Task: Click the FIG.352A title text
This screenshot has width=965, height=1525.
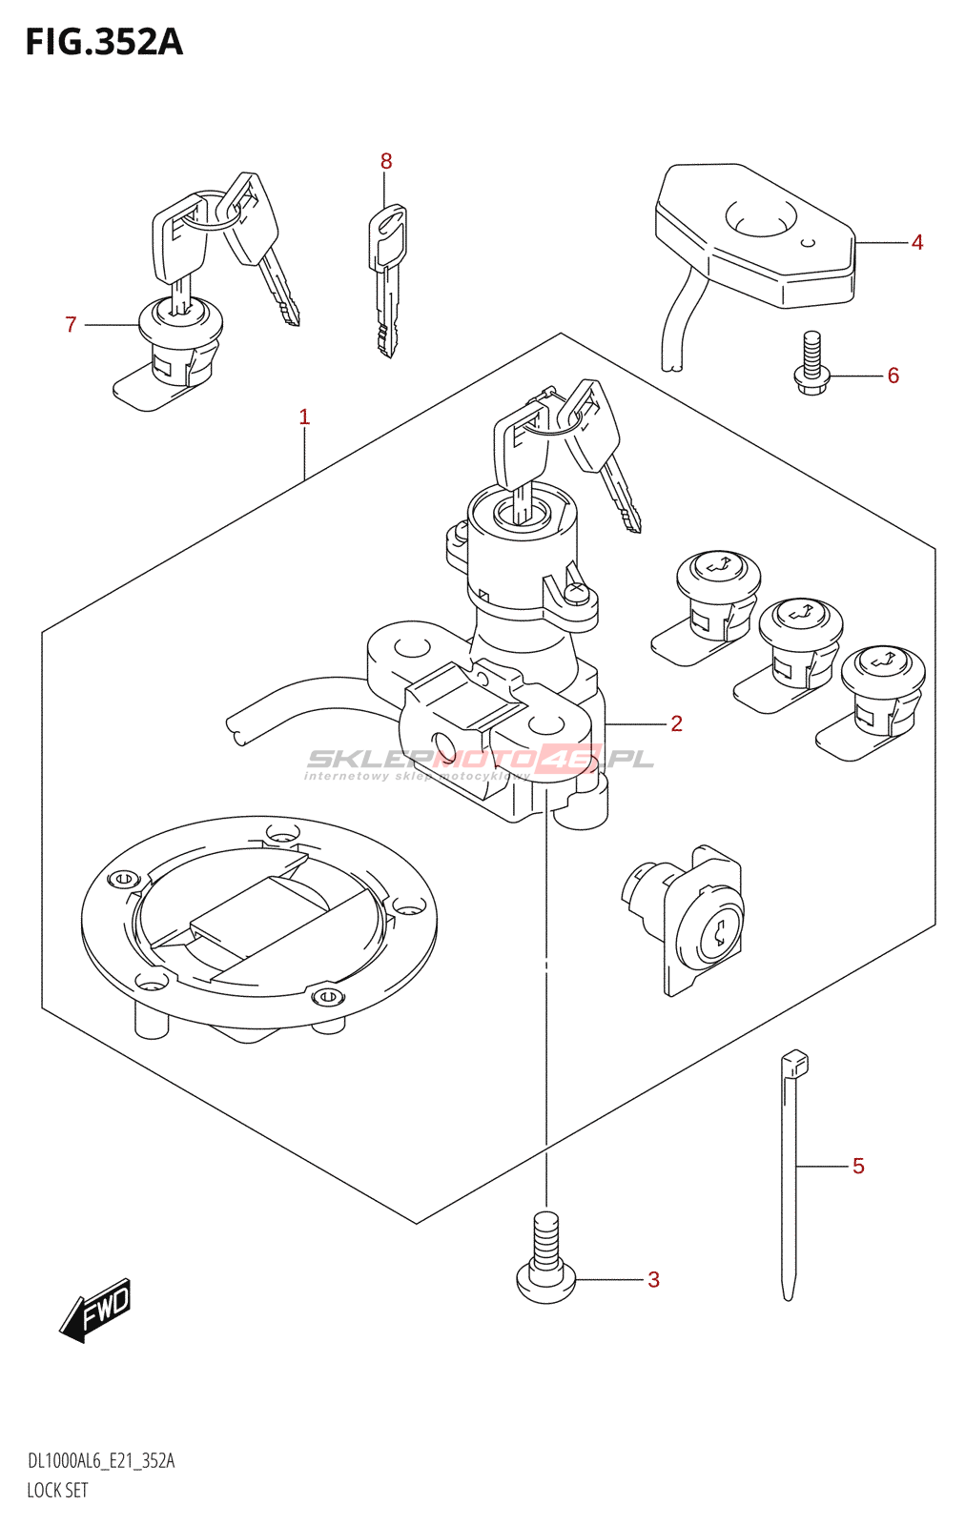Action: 103,42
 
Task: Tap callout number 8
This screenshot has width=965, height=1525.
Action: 386,162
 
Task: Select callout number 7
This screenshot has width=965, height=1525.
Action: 71,325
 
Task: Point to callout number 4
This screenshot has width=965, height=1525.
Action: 917,243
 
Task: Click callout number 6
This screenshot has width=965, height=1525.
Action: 893,376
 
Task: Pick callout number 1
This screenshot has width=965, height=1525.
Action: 304,417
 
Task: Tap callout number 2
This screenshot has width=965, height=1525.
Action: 676,723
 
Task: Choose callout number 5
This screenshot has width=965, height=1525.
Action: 858,1166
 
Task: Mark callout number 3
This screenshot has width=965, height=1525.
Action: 653,1279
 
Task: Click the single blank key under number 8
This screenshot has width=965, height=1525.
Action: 387,276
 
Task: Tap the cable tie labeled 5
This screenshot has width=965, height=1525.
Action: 790,1172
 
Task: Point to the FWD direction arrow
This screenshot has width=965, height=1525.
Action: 96,1311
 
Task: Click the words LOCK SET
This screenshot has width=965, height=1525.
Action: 57,1490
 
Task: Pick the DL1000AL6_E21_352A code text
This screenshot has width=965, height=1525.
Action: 101,1461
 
